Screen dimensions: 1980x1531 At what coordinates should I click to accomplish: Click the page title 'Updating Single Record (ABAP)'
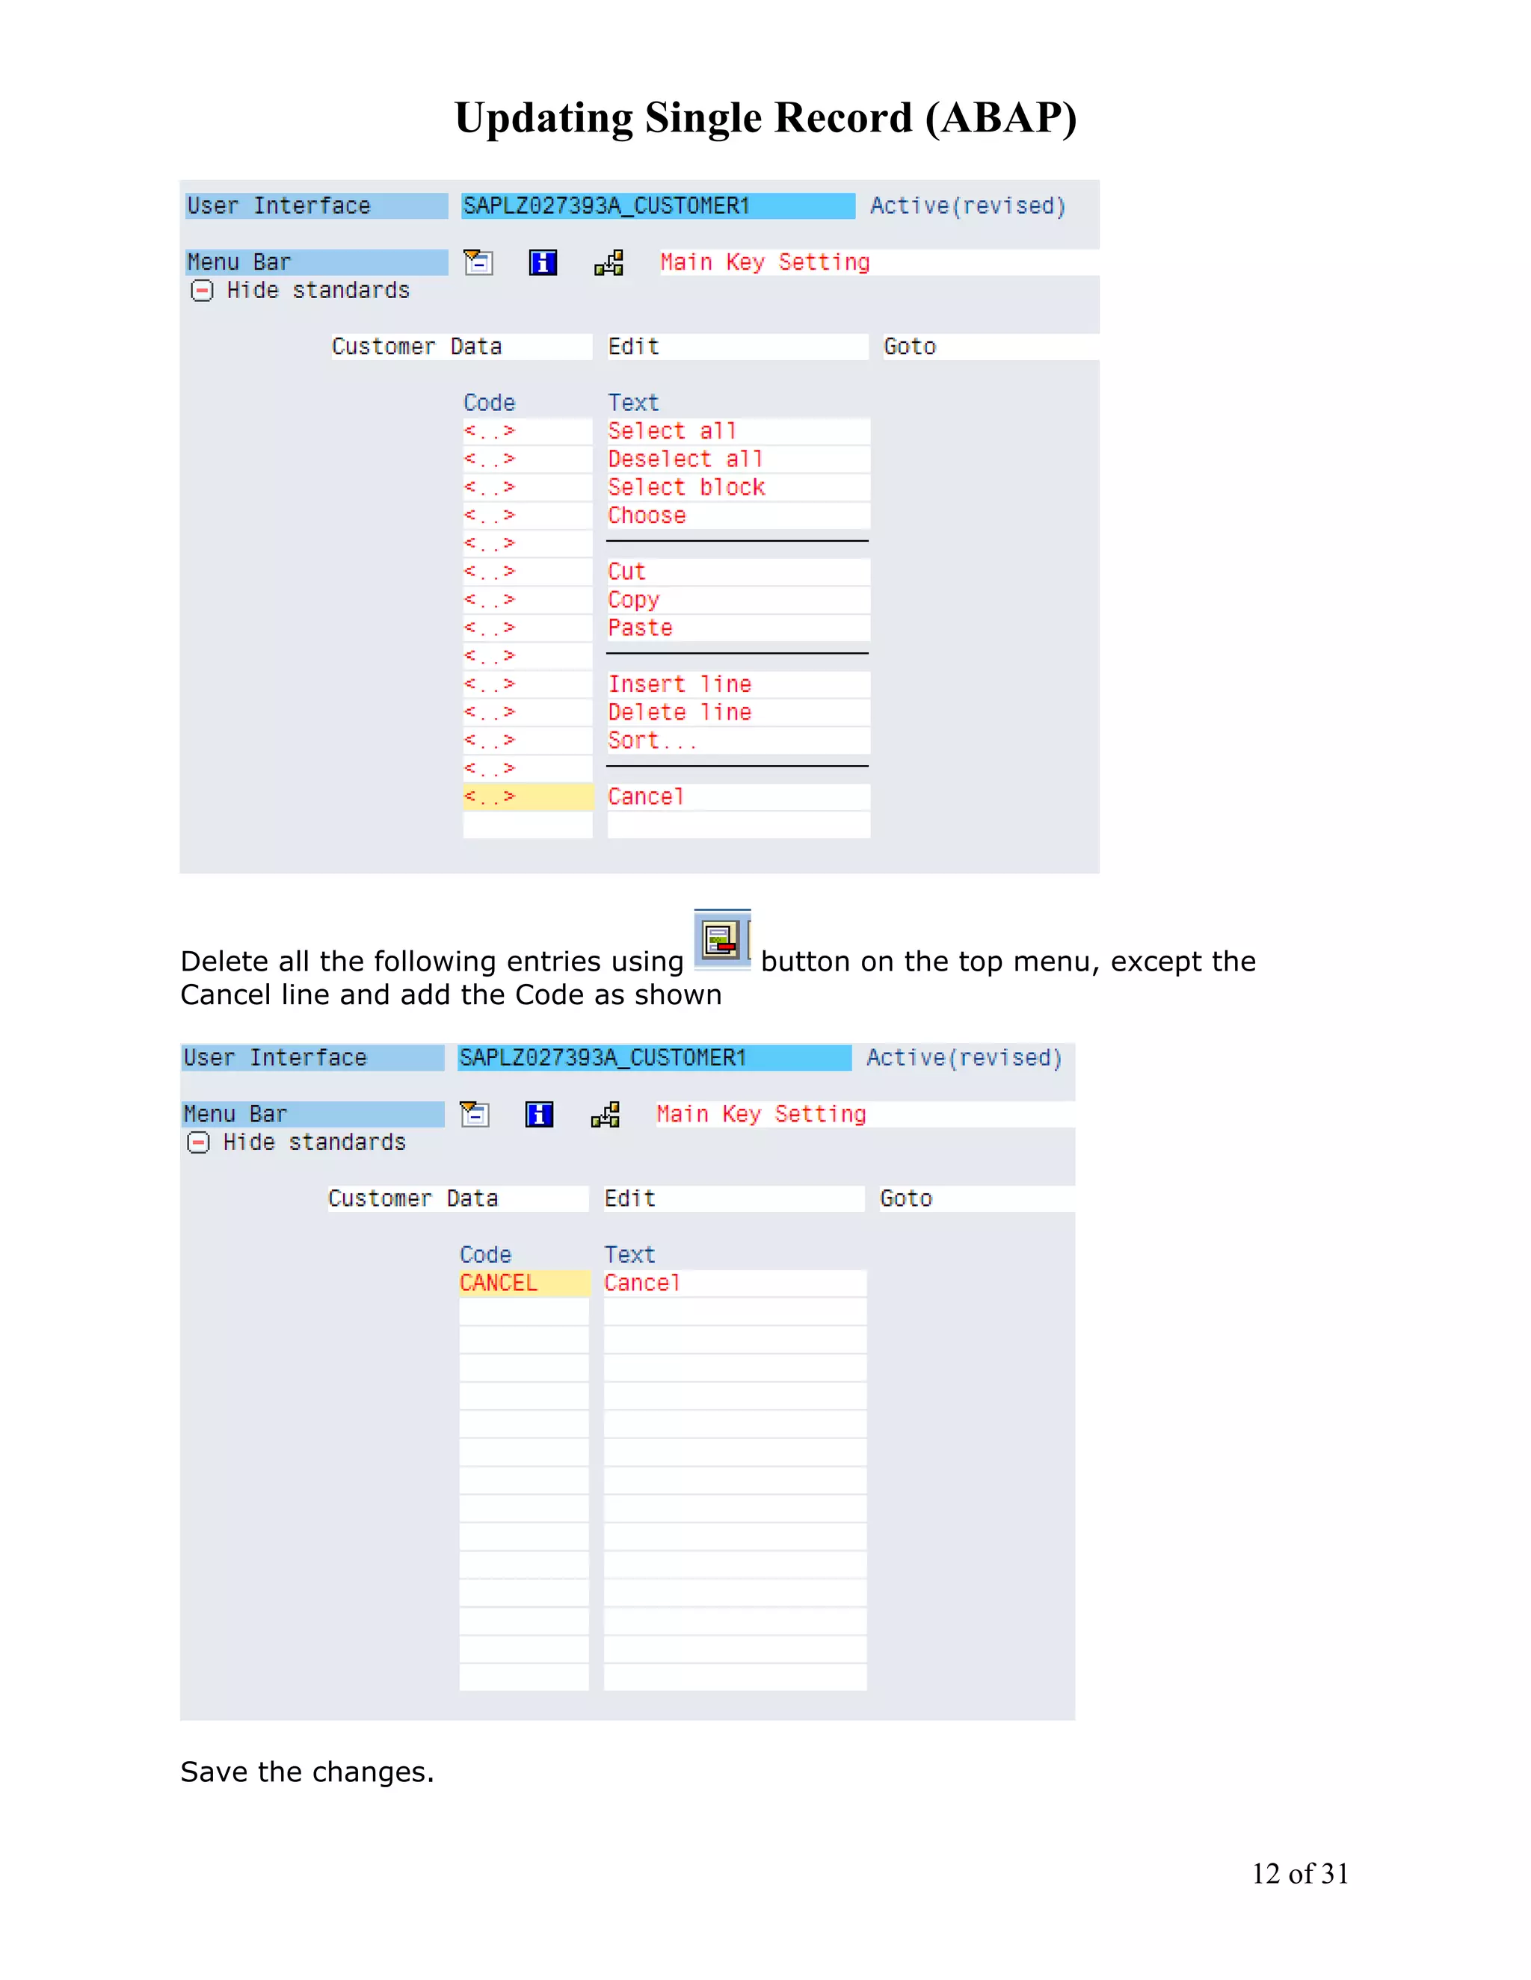765,118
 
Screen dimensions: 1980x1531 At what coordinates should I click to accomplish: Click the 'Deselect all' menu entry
685,459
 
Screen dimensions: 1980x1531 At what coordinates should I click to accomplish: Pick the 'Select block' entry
686,487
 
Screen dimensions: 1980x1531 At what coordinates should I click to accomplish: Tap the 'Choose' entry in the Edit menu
647,515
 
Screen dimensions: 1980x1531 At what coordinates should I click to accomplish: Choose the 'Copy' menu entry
634,599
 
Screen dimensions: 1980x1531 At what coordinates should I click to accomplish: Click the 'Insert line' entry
680,684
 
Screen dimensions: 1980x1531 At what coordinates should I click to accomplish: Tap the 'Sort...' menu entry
652,740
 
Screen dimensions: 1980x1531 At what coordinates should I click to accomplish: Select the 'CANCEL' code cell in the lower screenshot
523,1283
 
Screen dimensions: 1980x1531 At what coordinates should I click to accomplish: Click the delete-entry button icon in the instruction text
722,940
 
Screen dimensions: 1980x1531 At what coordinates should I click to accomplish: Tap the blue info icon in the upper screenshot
543,263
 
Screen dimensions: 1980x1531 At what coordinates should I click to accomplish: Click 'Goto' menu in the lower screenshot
906,1198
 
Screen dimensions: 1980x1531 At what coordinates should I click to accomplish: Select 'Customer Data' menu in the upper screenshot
416,347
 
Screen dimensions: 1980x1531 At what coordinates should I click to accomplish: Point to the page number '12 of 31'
1300,1873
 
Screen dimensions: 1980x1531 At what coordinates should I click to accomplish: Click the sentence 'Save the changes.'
307,1772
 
